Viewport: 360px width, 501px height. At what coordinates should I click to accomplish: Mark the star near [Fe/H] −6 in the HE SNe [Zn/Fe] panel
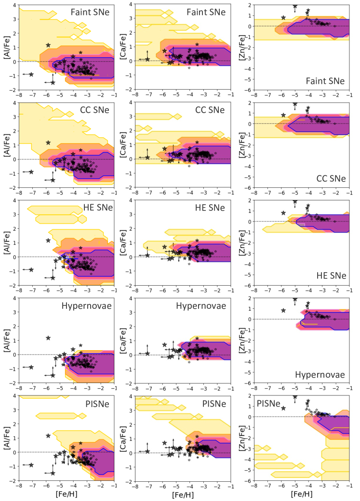(283, 213)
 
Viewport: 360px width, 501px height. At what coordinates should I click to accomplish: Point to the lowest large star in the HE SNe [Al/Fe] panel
(53, 277)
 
